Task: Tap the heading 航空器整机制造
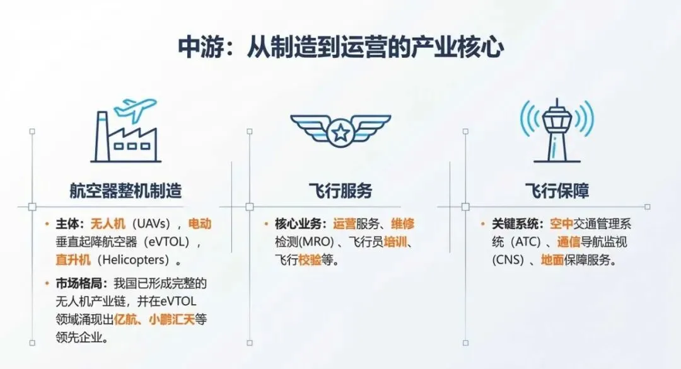[125, 190]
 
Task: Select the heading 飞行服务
[340, 190]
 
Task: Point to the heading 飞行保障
[557, 190]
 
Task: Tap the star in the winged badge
[340, 132]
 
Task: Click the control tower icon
[557, 129]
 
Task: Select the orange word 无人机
[108, 224]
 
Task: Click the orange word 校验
[310, 259]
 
